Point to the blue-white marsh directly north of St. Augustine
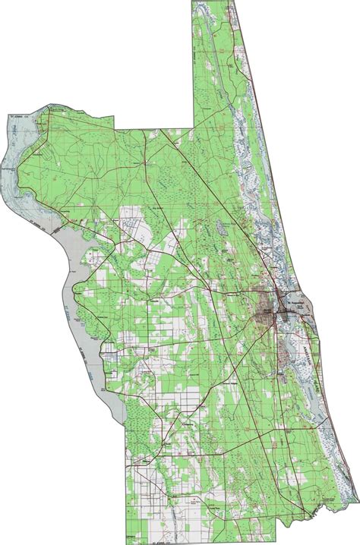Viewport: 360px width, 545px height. (x=262, y=228)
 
